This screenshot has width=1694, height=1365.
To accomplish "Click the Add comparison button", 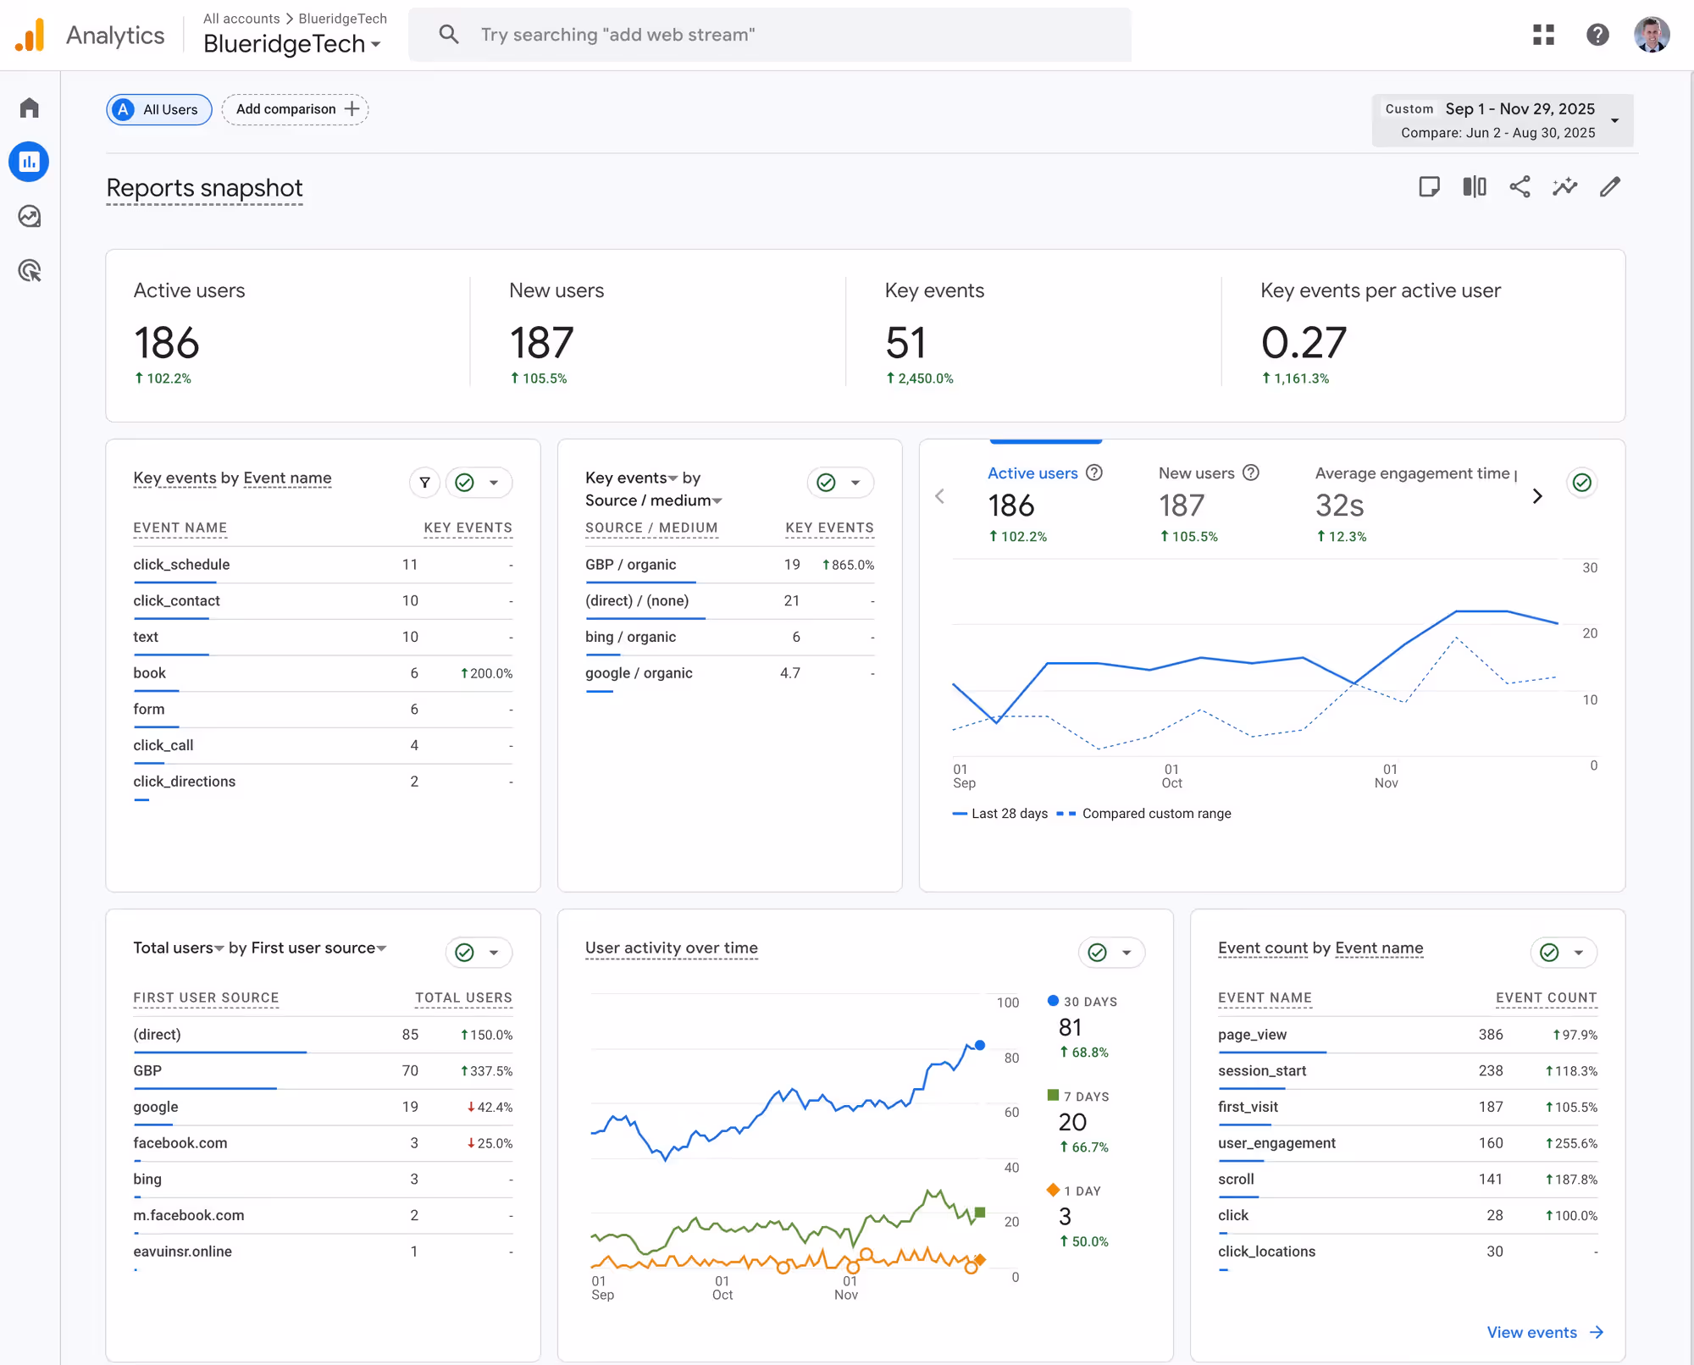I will (x=296, y=109).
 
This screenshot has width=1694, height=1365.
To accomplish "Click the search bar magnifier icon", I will (x=448, y=35).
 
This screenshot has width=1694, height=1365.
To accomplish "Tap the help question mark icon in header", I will (x=1597, y=35).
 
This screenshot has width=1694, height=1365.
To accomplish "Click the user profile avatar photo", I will (x=1651, y=35).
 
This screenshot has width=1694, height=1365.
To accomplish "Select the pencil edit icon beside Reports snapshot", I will (x=1609, y=187).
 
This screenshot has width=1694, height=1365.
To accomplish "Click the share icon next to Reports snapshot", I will (x=1520, y=187).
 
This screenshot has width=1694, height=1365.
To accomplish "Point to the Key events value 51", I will (x=905, y=343).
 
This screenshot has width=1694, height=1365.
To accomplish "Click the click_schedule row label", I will (x=181, y=565).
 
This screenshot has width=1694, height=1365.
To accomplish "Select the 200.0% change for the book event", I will (x=487, y=673).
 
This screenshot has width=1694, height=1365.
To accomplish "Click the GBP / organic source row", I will (x=630, y=565).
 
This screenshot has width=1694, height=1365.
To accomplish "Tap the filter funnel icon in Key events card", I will (x=425, y=483).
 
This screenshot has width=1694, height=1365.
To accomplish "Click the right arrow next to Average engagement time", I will (x=1537, y=496).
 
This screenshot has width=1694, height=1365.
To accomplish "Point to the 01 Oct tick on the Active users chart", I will (x=1171, y=776).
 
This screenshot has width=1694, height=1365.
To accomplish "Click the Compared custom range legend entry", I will (x=1155, y=814).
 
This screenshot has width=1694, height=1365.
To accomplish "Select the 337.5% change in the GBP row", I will (x=487, y=1071).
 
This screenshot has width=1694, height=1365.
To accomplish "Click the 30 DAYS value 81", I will (x=1070, y=1028).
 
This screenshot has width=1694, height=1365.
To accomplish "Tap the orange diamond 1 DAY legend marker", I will (x=1053, y=1190).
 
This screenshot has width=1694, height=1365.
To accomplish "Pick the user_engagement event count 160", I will (x=1490, y=1143).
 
